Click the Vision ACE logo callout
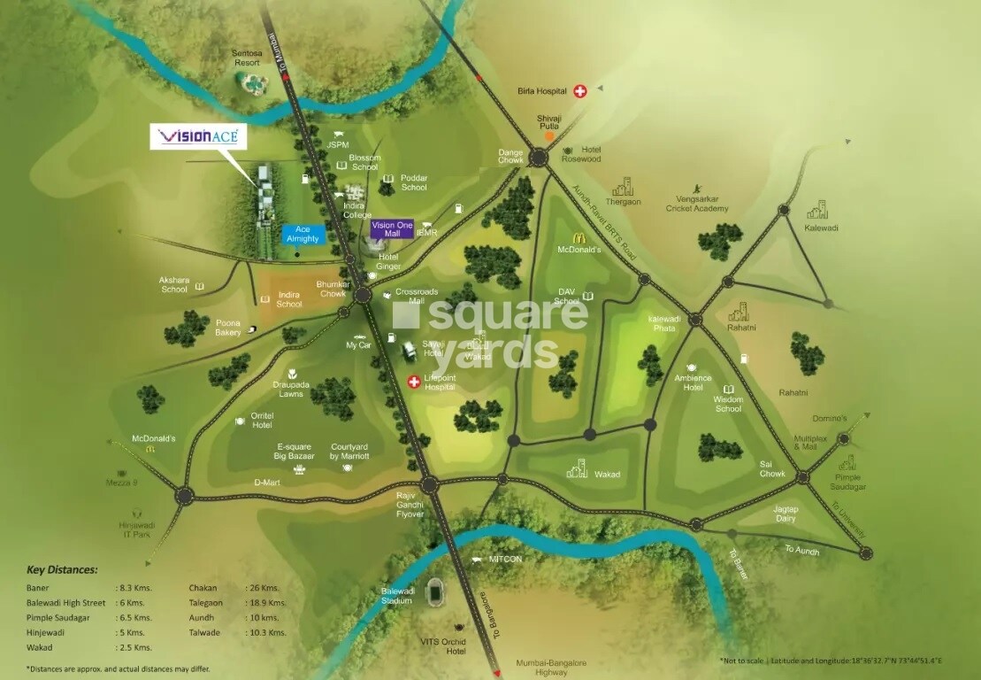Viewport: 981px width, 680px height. (198, 137)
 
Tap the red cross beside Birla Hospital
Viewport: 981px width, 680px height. (580, 90)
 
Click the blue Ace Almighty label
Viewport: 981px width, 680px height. (303, 235)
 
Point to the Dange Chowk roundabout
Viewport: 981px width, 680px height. (538, 158)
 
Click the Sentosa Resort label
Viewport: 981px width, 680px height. (246, 58)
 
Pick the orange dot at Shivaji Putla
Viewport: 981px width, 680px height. (549, 135)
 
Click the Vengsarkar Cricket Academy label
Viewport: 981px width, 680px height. (698, 204)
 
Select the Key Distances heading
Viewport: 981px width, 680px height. (62, 570)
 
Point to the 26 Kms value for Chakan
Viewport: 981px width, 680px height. (263, 587)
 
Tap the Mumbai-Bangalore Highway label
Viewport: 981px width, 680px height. (552, 668)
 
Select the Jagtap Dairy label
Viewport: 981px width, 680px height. (786, 514)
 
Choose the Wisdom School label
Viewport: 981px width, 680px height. (728, 404)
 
